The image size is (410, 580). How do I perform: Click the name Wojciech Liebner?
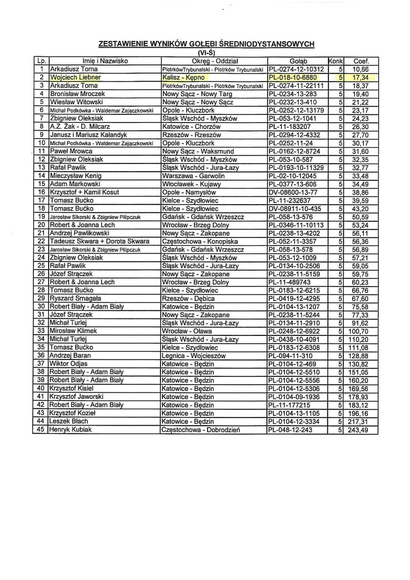pos(75,77)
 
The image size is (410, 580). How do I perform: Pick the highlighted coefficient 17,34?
pos(361,77)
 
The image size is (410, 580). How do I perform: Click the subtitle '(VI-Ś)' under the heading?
pos(204,52)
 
